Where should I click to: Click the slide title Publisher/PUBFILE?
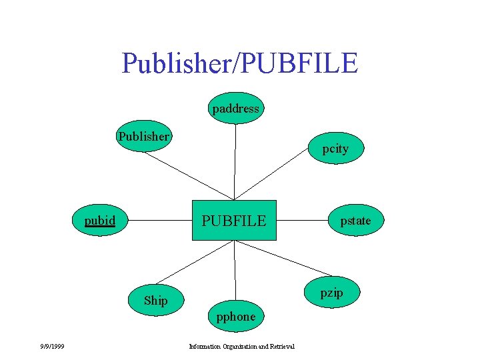(x=240, y=63)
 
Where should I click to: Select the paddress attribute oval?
(x=235, y=108)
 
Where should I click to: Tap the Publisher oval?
(x=144, y=136)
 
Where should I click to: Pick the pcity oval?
(x=335, y=149)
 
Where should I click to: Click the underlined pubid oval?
(x=100, y=221)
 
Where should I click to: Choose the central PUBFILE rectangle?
(x=234, y=220)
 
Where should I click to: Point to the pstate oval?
(x=355, y=221)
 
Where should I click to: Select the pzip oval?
(x=331, y=293)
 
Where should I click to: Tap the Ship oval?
(x=156, y=300)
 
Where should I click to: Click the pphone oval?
(x=235, y=316)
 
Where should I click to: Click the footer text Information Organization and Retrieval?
(x=242, y=346)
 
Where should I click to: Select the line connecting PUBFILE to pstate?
(x=301, y=219)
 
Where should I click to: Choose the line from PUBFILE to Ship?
(x=193, y=262)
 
